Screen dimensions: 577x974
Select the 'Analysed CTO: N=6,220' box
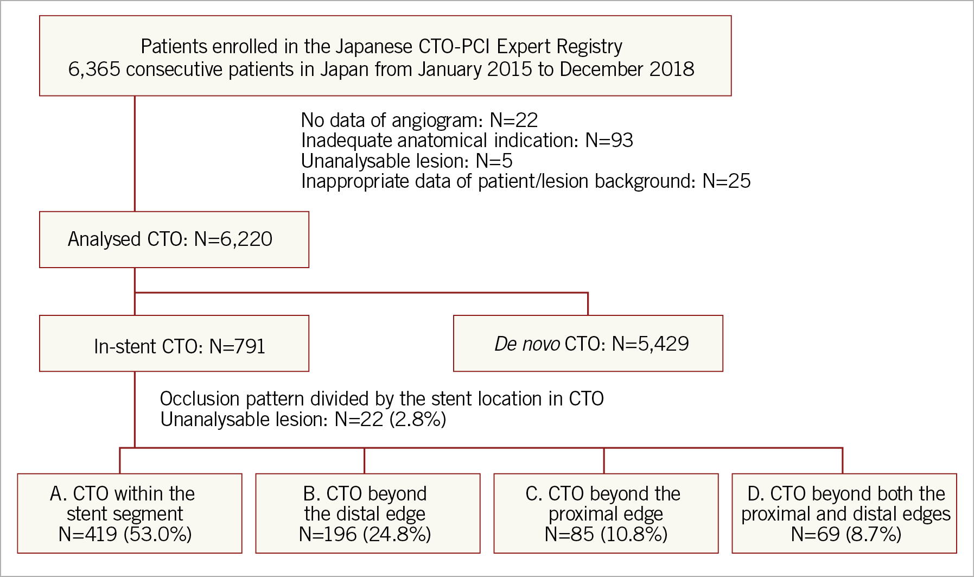pos(174,239)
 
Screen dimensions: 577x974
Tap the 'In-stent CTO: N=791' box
pos(174,344)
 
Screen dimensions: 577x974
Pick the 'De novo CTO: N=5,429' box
pos(588,344)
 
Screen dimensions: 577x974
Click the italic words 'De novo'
pos(527,344)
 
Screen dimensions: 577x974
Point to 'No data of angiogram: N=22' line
pos(419,120)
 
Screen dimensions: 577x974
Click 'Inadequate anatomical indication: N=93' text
pos(467,141)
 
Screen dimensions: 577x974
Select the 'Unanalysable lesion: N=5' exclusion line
pos(406,161)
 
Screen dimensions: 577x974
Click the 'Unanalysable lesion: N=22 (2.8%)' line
pos(303,420)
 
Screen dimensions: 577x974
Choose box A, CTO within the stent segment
pos(129,513)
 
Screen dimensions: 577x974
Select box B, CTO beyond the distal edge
pos(367,513)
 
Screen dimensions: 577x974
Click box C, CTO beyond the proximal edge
pos(606,513)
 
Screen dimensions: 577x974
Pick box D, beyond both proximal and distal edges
pos(844,513)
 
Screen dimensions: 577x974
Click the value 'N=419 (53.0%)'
pos(125,535)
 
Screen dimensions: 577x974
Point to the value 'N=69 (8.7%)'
pos(846,535)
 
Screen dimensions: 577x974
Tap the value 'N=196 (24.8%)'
pos(365,535)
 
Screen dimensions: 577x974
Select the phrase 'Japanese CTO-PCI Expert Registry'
pos(479,47)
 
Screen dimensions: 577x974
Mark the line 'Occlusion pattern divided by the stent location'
pos(381,399)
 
